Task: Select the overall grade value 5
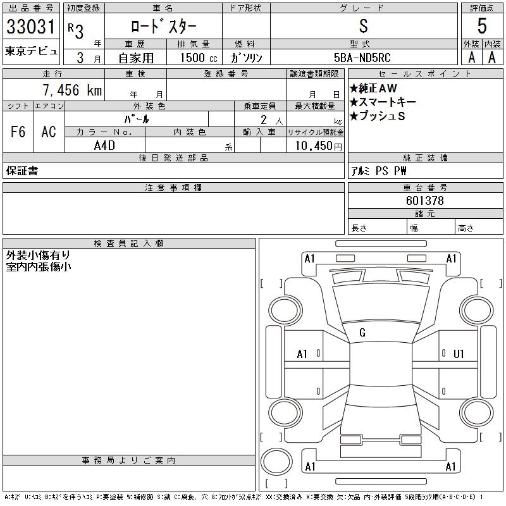pos(482,26)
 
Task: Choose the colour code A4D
pos(105,145)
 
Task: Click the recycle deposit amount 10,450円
pos(315,145)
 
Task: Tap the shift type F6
pos(18,132)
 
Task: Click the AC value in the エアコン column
pos(49,132)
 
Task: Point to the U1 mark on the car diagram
pos(459,354)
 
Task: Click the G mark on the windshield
pos(362,333)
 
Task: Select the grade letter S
pos(363,26)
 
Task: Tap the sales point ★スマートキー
pos(382,102)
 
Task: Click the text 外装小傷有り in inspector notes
pos(38,256)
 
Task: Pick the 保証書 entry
pos(22,171)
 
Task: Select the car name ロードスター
pos(163,27)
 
